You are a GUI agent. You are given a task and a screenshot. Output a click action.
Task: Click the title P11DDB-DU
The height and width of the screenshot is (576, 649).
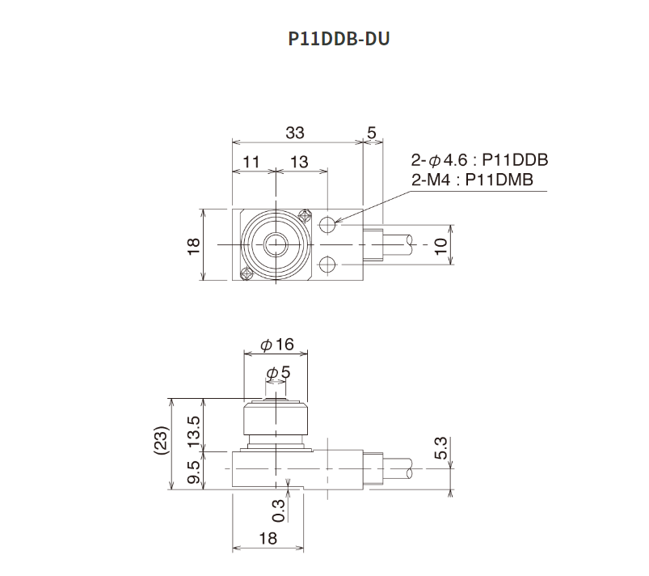click(x=339, y=39)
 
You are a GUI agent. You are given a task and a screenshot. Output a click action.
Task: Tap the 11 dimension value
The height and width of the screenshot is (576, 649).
click(x=251, y=162)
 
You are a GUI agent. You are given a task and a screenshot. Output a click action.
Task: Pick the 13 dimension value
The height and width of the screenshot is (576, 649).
click(x=299, y=162)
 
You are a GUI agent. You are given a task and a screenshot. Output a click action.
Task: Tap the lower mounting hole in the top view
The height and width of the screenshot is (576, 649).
click(x=327, y=264)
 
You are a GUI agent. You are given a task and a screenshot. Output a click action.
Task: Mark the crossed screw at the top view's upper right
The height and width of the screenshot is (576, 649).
click(x=306, y=216)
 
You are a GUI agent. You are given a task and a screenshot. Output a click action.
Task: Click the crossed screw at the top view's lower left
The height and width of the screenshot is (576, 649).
click(x=245, y=274)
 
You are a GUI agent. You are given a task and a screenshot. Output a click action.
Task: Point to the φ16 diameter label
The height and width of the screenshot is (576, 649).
click(x=276, y=345)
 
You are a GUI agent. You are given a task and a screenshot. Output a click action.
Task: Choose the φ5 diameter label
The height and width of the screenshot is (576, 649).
click(x=277, y=372)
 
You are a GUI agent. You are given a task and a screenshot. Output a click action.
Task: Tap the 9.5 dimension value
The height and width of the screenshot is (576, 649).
click(x=193, y=470)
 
